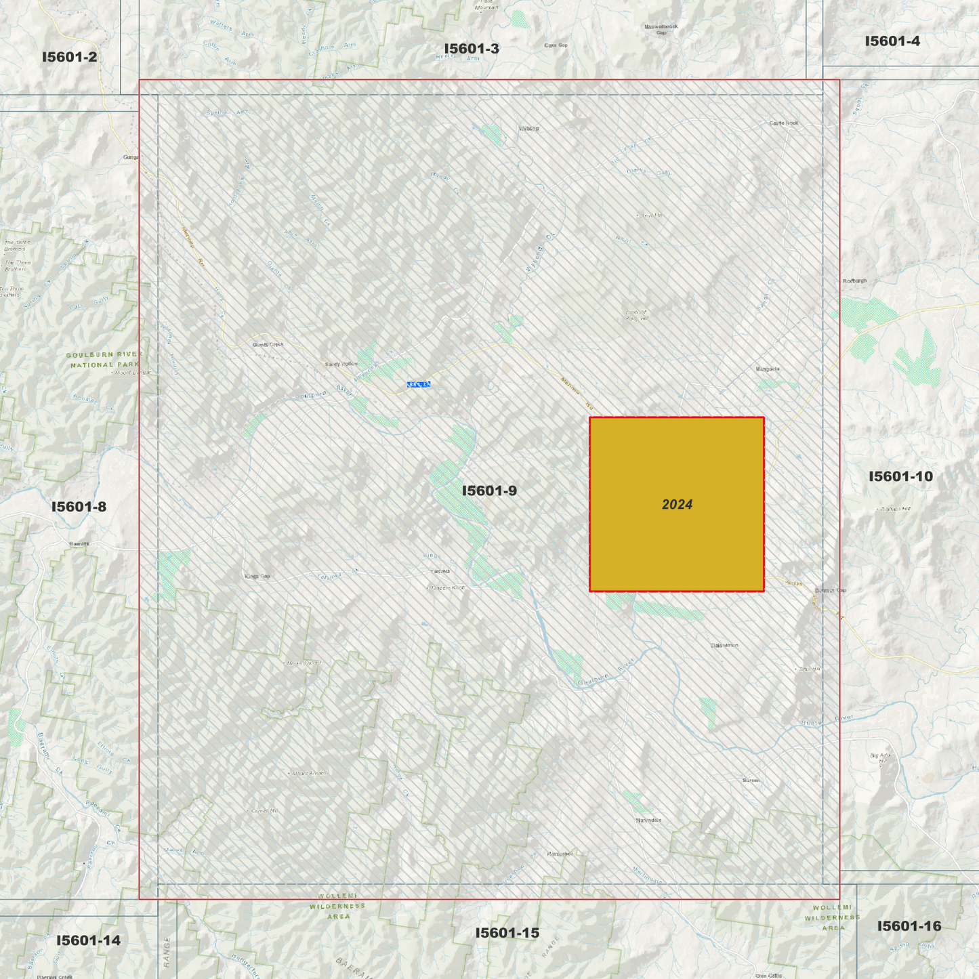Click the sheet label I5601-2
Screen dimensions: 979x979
coord(69,57)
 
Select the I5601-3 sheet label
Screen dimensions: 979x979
coord(472,49)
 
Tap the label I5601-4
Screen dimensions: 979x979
coord(892,41)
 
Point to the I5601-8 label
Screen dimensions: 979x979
coord(79,507)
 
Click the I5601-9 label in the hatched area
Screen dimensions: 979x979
coord(489,491)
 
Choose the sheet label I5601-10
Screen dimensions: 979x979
coord(900,476)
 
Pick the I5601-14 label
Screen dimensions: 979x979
coord(88,940)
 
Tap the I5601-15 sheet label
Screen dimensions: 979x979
coord(507,933)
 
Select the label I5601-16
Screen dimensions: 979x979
coord(909,926)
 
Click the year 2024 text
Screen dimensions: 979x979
coord(677,505)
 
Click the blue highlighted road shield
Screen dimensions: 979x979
coord(419,385)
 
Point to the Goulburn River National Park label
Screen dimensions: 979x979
coord(105,360)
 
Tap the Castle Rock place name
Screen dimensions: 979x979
coord(784,123)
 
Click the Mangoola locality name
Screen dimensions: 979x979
coord(768,369)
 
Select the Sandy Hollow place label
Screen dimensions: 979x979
coord(341,364)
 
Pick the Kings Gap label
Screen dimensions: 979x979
coord(257,577)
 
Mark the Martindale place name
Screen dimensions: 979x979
coord(648,820)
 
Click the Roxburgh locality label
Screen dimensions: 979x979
coord(854,280)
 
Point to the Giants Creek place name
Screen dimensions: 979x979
coord(268,345)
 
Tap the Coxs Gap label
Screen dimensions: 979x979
coord(556,45)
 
